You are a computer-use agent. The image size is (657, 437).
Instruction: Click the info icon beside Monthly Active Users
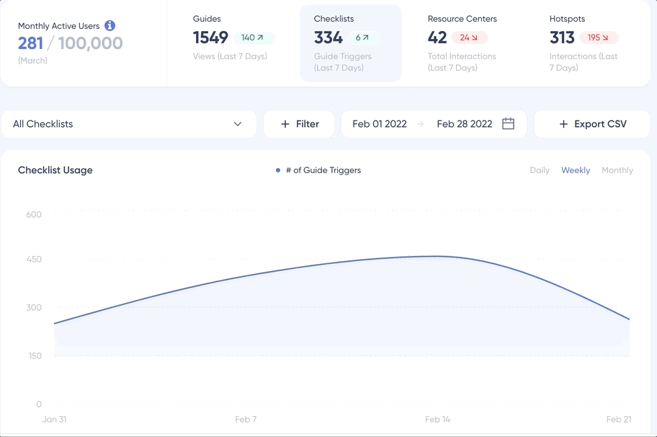(110, 25)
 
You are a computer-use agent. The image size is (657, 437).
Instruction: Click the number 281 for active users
(31, 43)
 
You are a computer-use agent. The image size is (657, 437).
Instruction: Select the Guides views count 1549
(210, 37)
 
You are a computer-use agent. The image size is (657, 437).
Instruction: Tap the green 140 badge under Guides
(253, 37)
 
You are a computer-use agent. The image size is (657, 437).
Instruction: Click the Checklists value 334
(328, 37)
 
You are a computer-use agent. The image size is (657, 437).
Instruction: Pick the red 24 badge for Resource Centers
(469, 37)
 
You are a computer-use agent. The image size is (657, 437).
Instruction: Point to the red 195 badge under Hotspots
(599, 37)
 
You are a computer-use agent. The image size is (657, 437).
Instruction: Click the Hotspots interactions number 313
(562, 37)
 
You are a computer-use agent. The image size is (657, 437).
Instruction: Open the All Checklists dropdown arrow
(238, 124)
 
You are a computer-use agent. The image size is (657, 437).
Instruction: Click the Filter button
(299, 124)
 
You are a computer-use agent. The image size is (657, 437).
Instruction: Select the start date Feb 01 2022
(380, 124)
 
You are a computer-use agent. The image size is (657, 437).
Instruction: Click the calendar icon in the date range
(508, 124)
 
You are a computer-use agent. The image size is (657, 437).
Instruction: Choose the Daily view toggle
(540, 170)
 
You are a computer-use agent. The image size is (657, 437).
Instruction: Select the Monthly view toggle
(617, 170)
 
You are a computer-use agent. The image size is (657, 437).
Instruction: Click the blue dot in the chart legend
(278, 170)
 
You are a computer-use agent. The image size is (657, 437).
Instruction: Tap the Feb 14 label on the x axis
(437, 419)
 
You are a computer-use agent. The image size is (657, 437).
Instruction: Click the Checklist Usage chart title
(55, 170)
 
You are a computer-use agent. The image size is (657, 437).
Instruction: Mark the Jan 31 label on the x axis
(54, 419)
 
